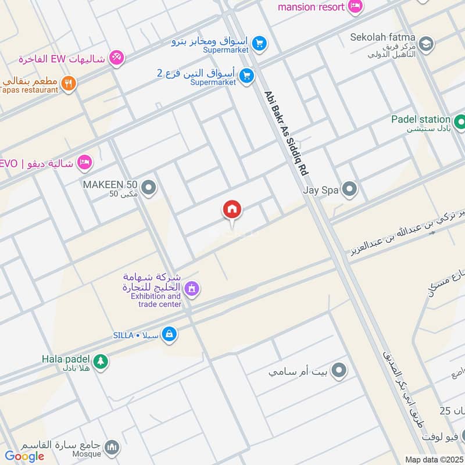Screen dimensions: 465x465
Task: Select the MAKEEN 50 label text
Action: pos(110,184)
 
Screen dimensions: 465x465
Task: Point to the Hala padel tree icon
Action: pos(101,361)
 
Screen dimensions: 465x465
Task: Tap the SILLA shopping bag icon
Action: pos(169,334)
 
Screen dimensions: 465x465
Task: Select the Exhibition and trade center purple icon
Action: pos(192,288)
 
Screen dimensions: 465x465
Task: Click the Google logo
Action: pos(24,456)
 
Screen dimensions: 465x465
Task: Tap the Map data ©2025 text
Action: pos(434,459)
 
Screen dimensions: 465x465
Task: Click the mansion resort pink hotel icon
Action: pos(355,7)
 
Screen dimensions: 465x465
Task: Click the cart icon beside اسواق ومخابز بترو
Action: pos(259,43)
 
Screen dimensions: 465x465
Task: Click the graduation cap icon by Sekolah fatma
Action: pos(425,44)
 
